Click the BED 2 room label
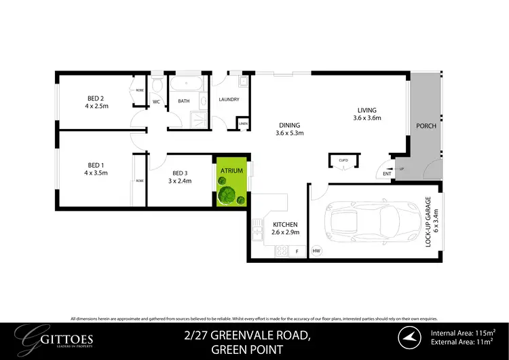click(96, 97)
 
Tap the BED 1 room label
click(96, 164)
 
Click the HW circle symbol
click(316, 251)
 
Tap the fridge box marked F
click(297, 251)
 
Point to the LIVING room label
click(367, 110)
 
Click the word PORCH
click(426, 126)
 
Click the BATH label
click(184, 101)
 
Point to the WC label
click(156, 101)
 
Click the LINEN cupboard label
click(243, 124)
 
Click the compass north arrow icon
click(408, 337)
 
